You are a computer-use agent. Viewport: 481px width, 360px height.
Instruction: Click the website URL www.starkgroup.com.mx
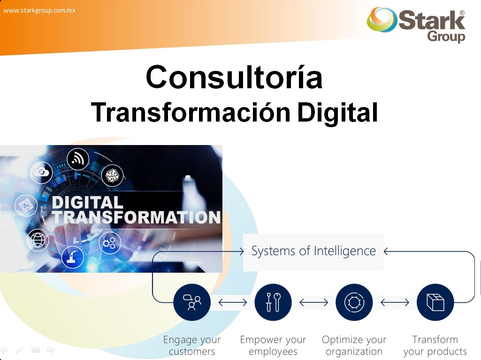[39, 10]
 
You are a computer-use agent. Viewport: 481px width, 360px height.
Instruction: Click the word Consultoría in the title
[234, 77]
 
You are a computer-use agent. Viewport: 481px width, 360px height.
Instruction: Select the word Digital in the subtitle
[337, 112]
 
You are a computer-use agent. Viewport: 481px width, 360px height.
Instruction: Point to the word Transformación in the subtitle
[191, 112]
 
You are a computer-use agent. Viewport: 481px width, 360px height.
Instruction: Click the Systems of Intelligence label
[313, 251]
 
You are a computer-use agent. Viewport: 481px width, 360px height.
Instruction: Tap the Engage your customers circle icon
[192, 302]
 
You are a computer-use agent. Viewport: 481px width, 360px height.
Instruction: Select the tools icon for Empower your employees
[273, 302]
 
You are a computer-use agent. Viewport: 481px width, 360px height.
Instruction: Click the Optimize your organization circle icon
[354, 302]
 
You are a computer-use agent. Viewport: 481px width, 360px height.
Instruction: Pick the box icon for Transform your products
[435, 302]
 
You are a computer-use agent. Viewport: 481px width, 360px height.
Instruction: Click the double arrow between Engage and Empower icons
[233, 303]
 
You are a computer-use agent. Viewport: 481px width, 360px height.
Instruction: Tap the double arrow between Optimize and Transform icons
[395, 303]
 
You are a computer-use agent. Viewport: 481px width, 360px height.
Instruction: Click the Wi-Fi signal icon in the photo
[78, 159]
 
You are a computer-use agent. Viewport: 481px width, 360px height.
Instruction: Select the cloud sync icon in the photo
[41, 172]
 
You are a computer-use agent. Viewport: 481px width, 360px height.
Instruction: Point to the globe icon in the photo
[38, 240]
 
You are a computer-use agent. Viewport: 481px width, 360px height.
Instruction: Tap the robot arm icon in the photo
[73, 257]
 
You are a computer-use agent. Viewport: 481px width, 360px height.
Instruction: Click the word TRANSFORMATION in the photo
[136, 217]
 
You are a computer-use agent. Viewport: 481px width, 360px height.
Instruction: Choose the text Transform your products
[435, 345]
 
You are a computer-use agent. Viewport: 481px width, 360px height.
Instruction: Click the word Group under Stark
[446, 36]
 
